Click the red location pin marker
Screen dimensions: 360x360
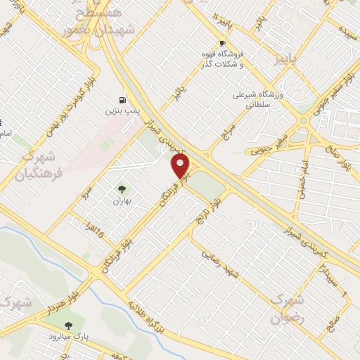pos(181,166)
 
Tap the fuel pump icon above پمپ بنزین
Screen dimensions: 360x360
pos(123,100)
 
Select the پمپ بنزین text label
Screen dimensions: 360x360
pos(124,111)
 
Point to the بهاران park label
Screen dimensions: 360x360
pos(123,200)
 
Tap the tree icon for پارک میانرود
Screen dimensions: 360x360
pos(67,326)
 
